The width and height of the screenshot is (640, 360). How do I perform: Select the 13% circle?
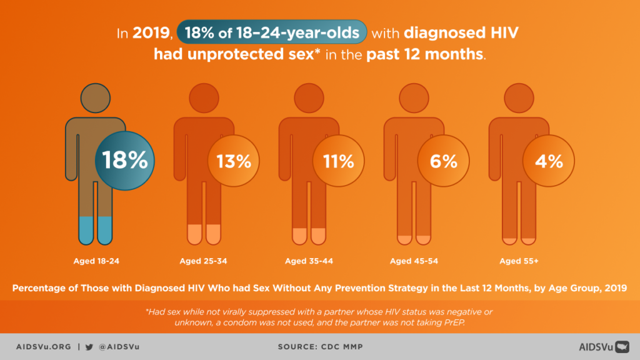point(233,161)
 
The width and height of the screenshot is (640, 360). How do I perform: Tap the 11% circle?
point(338,161)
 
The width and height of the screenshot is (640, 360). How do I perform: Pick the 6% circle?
point(443,161)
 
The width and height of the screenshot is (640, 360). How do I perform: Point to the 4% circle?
point(548,161)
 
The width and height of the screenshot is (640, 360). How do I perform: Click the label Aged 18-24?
point(96,261)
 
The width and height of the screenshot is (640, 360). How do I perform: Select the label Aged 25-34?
point(201,261)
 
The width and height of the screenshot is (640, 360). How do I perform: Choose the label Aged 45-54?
point(411,261)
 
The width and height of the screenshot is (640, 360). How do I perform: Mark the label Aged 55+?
point(516,261)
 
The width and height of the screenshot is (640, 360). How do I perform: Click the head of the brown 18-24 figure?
point(95,98)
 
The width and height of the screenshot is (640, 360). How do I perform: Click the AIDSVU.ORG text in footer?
point(44,347)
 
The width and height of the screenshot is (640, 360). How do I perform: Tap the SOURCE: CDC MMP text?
point(319,347)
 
